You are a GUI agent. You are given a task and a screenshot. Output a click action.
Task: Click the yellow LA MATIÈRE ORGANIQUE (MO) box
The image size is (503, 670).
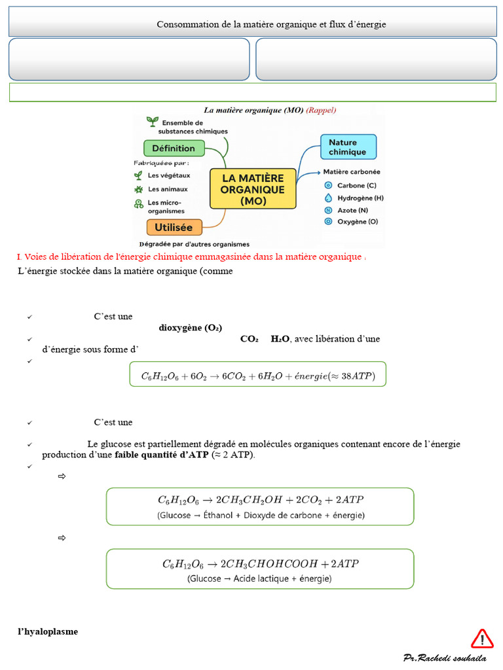pyautogui.click(x=253, y=189)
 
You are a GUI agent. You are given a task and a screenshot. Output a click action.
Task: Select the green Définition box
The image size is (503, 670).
pyautogui.click(x=174, y=148)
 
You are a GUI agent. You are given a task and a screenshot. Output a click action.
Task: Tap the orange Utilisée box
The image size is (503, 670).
pyautogui.click(x=174, y=228)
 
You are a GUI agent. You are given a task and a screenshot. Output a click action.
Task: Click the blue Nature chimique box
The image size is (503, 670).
pyautogui.click(x=348, y=147)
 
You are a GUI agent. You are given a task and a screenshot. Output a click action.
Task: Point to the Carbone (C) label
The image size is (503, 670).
pyautogui.click(x=356, y=185)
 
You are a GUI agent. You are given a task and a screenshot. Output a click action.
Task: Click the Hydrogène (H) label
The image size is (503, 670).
pyautogui.click(x=360, y=198)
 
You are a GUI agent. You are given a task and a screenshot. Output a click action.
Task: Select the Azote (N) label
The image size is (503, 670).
pyautogui.click(x=353, y=210)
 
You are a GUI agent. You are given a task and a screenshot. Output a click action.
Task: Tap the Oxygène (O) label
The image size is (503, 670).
pyautogui.click(x=358, y=222)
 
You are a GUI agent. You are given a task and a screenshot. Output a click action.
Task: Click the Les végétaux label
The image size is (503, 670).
pyautogui.click(x=169, y=175)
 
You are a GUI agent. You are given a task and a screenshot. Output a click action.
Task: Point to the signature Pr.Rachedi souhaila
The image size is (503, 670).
pyautogui.click(x=445, y=657)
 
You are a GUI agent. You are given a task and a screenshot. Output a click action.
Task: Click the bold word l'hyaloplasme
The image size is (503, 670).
pyautogui.click(x=48, y=631)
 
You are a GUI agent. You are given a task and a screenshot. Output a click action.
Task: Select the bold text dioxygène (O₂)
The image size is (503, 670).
pyautogui.click(x=191, y=328)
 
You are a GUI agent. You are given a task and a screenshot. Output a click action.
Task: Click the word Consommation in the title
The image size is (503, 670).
pyautogui.click(x=185, y=24)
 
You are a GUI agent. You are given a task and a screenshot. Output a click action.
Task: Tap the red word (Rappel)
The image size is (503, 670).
pyautogui.click(x=321, y=110)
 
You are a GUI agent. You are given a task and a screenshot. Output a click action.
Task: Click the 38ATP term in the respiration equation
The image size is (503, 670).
pyautogui.click(x=356, y=376)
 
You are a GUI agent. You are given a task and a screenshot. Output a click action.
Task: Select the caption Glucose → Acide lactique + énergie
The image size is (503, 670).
pyautogui.click(x=259, y=578)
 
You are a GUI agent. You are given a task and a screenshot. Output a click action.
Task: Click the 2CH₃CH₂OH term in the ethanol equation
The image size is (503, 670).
pyautogui.click(x=252, y=499)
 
